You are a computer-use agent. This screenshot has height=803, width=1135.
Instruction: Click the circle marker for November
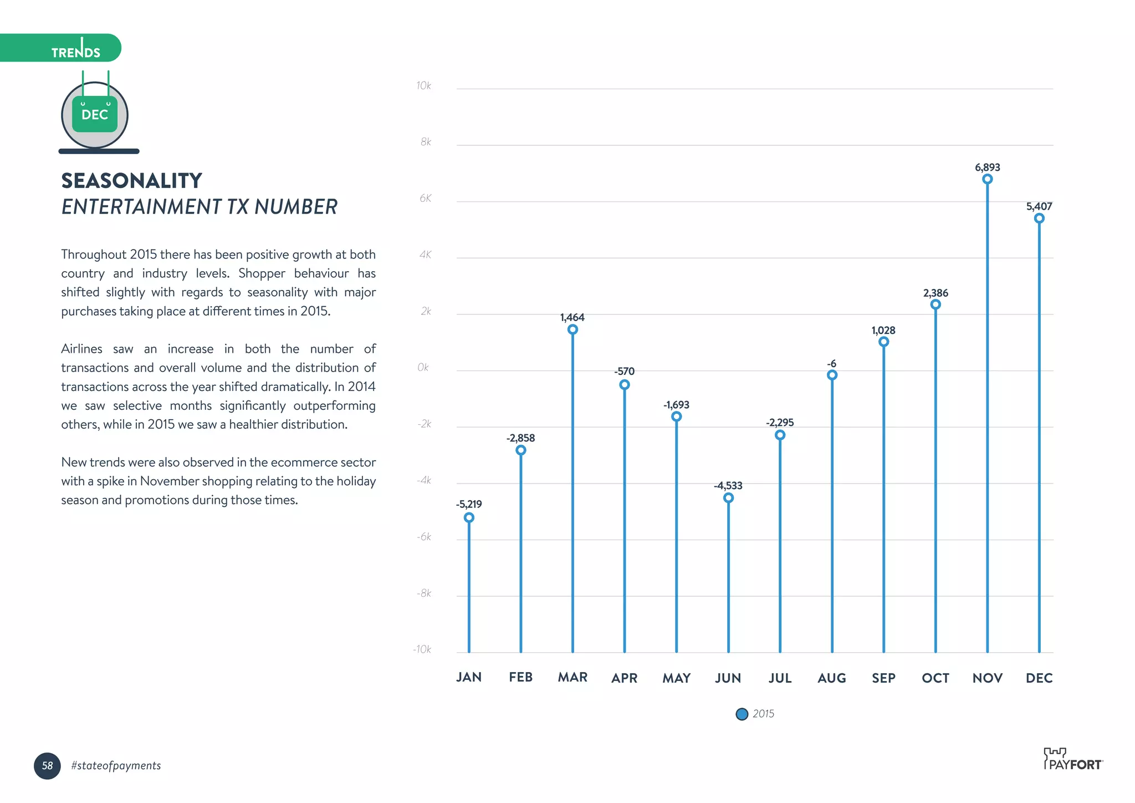point(987,179)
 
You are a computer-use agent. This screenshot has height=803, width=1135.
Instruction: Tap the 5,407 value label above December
point(1039,206)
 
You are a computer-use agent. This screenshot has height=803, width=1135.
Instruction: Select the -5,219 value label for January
point(469,504)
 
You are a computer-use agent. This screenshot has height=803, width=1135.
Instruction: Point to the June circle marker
point(728,498)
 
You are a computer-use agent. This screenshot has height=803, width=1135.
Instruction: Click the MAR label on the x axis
point(572,677)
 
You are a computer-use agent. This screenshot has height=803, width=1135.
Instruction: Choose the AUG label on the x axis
point(831,678)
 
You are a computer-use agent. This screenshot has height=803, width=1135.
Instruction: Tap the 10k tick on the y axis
point(423,85)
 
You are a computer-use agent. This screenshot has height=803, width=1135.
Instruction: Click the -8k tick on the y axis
point(424,593)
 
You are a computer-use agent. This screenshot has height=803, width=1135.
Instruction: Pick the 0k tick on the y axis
point(423,367)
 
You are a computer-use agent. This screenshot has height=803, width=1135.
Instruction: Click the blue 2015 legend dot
point(742,714)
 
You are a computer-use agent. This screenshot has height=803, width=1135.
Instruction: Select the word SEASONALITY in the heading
point(132,181)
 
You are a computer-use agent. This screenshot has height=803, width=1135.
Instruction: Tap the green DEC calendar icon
point(95,114)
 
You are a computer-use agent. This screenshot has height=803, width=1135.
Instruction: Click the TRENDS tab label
point(76,52)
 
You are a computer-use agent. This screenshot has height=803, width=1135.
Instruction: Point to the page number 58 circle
point(47,766)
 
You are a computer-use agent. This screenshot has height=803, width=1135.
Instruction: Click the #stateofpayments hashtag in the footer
point(116,766)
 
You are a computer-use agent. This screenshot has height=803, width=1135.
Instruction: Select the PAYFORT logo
point(1073,760)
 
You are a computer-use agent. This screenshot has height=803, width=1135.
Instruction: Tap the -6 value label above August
point(831,364)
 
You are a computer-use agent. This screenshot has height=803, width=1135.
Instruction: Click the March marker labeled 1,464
point(572,329)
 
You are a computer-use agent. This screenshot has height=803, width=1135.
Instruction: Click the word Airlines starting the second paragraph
point(81,349)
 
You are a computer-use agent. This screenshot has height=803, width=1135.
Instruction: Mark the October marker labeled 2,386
point(935,304)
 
